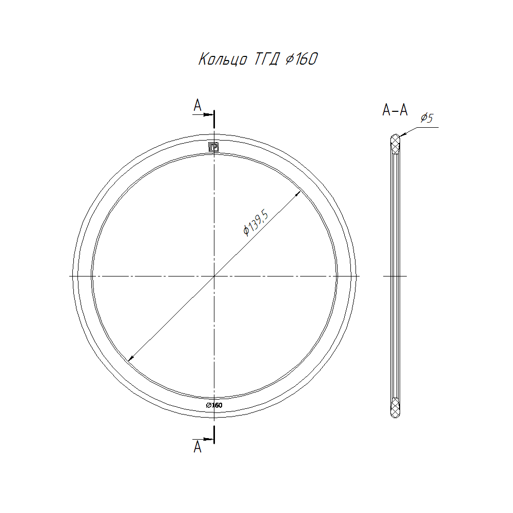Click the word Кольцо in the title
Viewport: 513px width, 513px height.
(223, 59)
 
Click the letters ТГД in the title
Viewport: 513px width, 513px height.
(267, 59)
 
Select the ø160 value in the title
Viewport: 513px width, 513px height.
(301, 59)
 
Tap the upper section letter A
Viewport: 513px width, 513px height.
(198, 105)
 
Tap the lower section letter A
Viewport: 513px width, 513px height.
(198, 447)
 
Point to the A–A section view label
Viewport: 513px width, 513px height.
(395, 110)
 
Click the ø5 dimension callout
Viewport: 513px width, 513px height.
(427, 118)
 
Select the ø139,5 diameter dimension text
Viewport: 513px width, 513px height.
(256, 224)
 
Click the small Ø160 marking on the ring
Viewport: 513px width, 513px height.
(214, 405)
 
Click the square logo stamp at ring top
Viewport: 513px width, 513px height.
(213, 147)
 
